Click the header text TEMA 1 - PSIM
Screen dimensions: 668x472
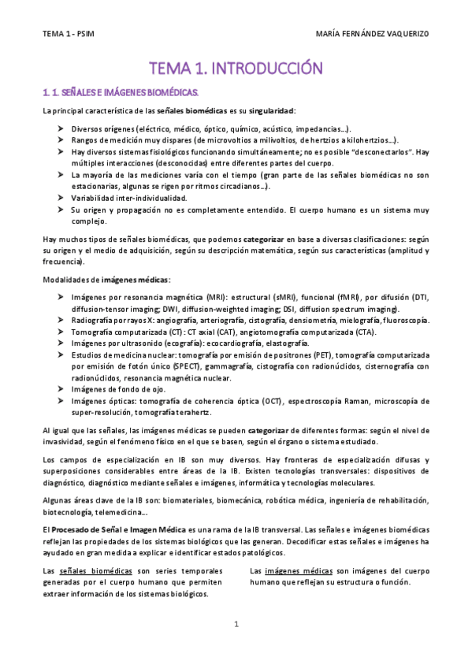point(70,34)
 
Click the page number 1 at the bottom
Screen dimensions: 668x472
point(236,625)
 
